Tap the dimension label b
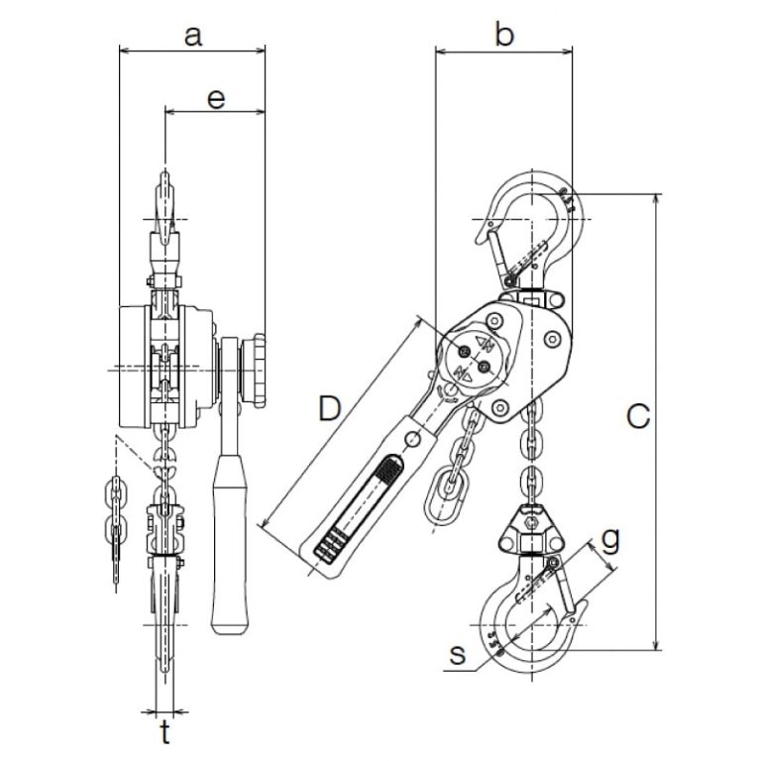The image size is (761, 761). [504, 37]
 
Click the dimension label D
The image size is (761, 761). [327, 407]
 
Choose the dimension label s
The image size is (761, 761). [457, 655]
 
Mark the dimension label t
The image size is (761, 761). [165, 734]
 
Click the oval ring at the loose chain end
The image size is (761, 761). [442, 494]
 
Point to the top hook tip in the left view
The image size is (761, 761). [164, 184]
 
